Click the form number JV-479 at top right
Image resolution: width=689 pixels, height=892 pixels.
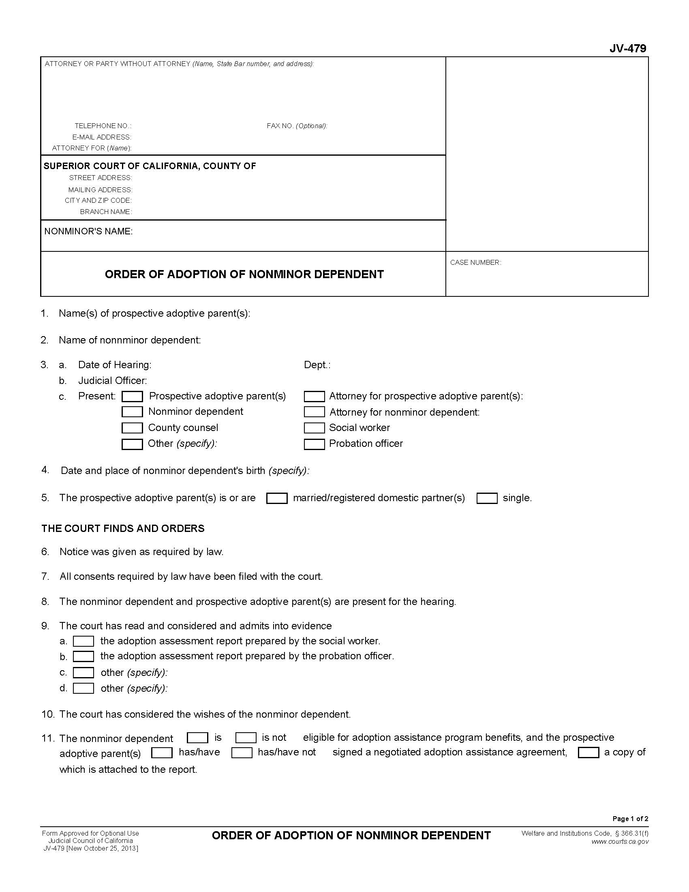tap(627, 49)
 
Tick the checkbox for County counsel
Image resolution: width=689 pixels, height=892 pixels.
tap(132, 428)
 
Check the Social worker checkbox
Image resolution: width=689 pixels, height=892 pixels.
tap(314, 428)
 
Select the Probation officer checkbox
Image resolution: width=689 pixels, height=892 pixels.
tap(314, 444)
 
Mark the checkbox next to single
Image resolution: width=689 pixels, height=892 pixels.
tap(487, 498)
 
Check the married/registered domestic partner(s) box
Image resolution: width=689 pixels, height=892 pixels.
tap(277, 498)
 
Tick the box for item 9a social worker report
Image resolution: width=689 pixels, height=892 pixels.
tap(83, 641)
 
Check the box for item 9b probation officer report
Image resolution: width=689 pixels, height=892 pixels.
tap(83, 656)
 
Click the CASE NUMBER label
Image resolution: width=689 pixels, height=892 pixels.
tap(475, 263)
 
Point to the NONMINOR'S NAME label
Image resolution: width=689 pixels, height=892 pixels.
tap(88, 232)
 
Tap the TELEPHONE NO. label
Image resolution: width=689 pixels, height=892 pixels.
tap(103, 126)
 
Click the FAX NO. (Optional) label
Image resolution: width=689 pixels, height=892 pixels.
tap(297, 126)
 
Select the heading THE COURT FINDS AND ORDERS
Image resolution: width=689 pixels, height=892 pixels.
tap(123, 528)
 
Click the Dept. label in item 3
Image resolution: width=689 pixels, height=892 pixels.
tap(317, 365)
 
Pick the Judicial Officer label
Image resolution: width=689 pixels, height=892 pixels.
tap(112, 381)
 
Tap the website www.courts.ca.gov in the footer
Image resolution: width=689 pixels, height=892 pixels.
tap(620, 841)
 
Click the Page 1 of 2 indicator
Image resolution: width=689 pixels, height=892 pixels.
tap(630, 819)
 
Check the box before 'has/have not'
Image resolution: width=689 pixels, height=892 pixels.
tap(242, 753)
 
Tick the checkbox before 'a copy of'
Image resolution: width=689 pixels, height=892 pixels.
tap(588, 753)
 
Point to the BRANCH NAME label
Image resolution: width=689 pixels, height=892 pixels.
tap(106, 212)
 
